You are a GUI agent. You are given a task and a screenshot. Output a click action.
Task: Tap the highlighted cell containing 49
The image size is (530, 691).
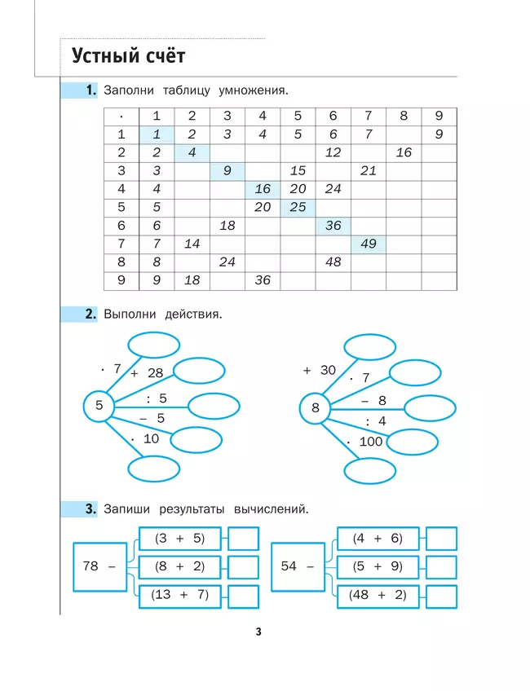(369, 244)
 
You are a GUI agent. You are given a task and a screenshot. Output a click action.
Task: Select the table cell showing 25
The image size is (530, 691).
(298, 207)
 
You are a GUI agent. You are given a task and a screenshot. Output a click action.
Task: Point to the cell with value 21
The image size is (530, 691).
(369, 171)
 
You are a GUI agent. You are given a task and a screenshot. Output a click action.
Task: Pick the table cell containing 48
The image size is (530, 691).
(333, 262)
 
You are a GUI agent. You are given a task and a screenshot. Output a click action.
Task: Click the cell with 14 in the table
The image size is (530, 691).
(192, 244)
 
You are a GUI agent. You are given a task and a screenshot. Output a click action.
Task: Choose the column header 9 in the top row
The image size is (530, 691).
(439, 116)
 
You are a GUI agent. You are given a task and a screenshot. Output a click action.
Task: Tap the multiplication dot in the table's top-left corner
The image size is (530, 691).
(121, 117)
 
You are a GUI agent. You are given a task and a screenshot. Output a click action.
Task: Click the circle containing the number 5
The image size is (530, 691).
(99, 405)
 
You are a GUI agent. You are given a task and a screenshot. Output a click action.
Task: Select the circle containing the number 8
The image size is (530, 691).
(316, 407)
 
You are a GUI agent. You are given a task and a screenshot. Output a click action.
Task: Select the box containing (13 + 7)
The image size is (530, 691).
(180, 595)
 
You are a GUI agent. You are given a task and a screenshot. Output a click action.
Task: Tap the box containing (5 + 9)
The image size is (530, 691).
(377, 566)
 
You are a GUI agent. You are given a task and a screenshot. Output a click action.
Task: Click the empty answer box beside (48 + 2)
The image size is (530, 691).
(442, 596)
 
